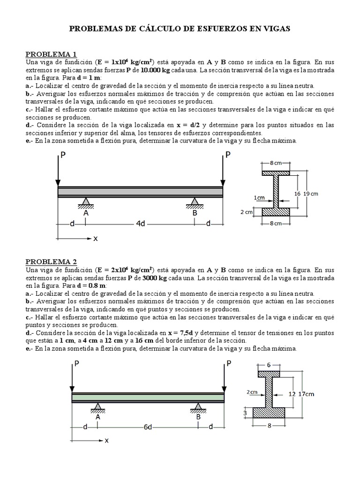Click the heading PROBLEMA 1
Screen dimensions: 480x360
point(51,53)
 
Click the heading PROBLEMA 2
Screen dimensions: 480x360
point(51,262)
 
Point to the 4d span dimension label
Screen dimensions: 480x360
point(141,224)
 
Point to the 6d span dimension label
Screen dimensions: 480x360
point(148,427)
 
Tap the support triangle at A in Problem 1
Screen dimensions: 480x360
point(86,202)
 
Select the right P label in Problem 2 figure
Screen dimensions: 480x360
point(229,363)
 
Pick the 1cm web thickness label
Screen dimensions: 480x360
point(260,198)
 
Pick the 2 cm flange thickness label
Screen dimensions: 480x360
point(247,212)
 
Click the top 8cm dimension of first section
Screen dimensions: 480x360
point(276,163)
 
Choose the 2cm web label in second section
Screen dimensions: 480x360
point(251,391)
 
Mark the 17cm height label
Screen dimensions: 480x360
point(307,394)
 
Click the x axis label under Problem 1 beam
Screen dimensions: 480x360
point(95,239)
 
